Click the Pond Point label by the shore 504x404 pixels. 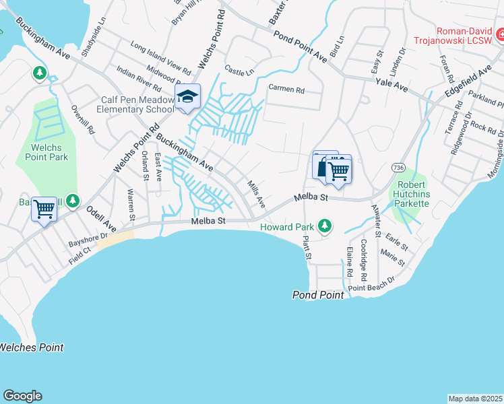pyautogui.click(x=318, y=295)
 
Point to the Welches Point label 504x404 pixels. pyautogui.click(x=32, y=347)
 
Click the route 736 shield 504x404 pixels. pyautogui.click(x=396, y=167)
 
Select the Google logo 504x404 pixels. pyautogui.click(x=22, y=396)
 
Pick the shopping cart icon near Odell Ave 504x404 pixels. pyautogui.click(x=44, y=209)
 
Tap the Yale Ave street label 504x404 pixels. pyautogui.click(x=392, y=86)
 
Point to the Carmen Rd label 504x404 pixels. pyautogui.click(x=286, y=90)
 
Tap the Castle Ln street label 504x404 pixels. pyautogui.click(x=239, y=71)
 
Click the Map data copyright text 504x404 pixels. pyautogui.click(x=476, y=399)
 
